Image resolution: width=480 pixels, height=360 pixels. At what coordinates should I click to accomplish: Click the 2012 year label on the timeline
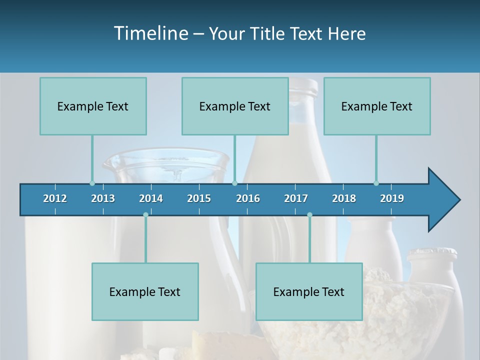[55, 198]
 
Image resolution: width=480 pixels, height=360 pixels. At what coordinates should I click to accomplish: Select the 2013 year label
[103, 198]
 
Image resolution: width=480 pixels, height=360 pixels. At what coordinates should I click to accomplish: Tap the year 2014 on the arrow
[151, 198]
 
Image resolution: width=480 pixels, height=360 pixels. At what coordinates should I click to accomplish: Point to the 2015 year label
[199, 198]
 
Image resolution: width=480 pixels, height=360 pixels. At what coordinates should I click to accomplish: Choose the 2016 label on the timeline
[248, 198]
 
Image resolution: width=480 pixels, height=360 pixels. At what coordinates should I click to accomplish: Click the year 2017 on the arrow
[296, 198]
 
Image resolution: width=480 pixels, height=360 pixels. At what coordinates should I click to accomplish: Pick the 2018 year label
[344, 198]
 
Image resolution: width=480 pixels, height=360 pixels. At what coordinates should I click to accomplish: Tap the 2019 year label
[392, 198]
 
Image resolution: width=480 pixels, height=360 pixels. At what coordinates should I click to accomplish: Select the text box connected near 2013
[93, 106]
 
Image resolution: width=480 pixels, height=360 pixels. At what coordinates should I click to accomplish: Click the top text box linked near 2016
[235, 106]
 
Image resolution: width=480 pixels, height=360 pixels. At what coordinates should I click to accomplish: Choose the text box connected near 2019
[377, 106]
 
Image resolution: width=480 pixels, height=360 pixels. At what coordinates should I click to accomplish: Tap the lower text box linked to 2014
[145, 291]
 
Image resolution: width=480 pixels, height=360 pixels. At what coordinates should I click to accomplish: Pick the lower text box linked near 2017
[309, 291]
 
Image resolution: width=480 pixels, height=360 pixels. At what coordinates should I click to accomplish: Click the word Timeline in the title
[150, 33]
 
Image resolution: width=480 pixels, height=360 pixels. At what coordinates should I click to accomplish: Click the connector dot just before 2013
[92, 183]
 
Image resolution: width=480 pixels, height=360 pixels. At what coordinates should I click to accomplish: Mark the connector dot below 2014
[145, 214]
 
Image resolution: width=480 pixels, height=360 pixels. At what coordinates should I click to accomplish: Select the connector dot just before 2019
[376, 183]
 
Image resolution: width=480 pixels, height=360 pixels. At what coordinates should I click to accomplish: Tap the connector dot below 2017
[309, 214]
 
